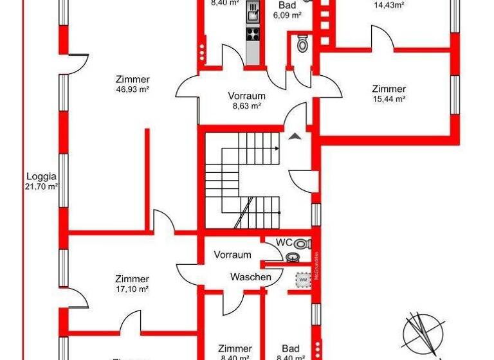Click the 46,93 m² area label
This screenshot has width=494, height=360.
[x=133, y=90]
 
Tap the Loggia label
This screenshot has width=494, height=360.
[x=42, y=176]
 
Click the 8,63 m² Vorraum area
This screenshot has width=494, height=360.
[x=247, y=107]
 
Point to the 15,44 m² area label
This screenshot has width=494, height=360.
[x=389, y=99]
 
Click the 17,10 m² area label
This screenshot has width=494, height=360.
[x=133, y=289]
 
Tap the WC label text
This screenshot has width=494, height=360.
[x=284, y=242]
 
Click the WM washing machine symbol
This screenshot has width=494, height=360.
[x=302, y=280]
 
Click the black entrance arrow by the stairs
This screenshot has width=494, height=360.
[x=295, y=136]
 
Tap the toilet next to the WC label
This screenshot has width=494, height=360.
[x=306, y=244]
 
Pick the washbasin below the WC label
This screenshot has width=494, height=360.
[x=293, y=257]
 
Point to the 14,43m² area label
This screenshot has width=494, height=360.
[x=389, y=5]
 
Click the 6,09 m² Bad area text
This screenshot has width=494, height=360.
[x=288, y=16]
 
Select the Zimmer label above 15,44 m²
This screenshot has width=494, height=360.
[x=389, y=89]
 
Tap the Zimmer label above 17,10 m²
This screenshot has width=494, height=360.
[x=133, y=279]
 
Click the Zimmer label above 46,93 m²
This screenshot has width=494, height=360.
[x=133, y=80]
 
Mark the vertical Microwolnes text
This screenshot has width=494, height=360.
[x=316, y=262]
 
